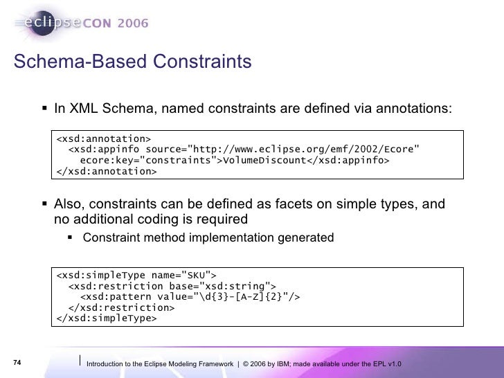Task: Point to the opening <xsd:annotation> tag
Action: tap(104, 136)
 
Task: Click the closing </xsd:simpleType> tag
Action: tap(107, 319)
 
